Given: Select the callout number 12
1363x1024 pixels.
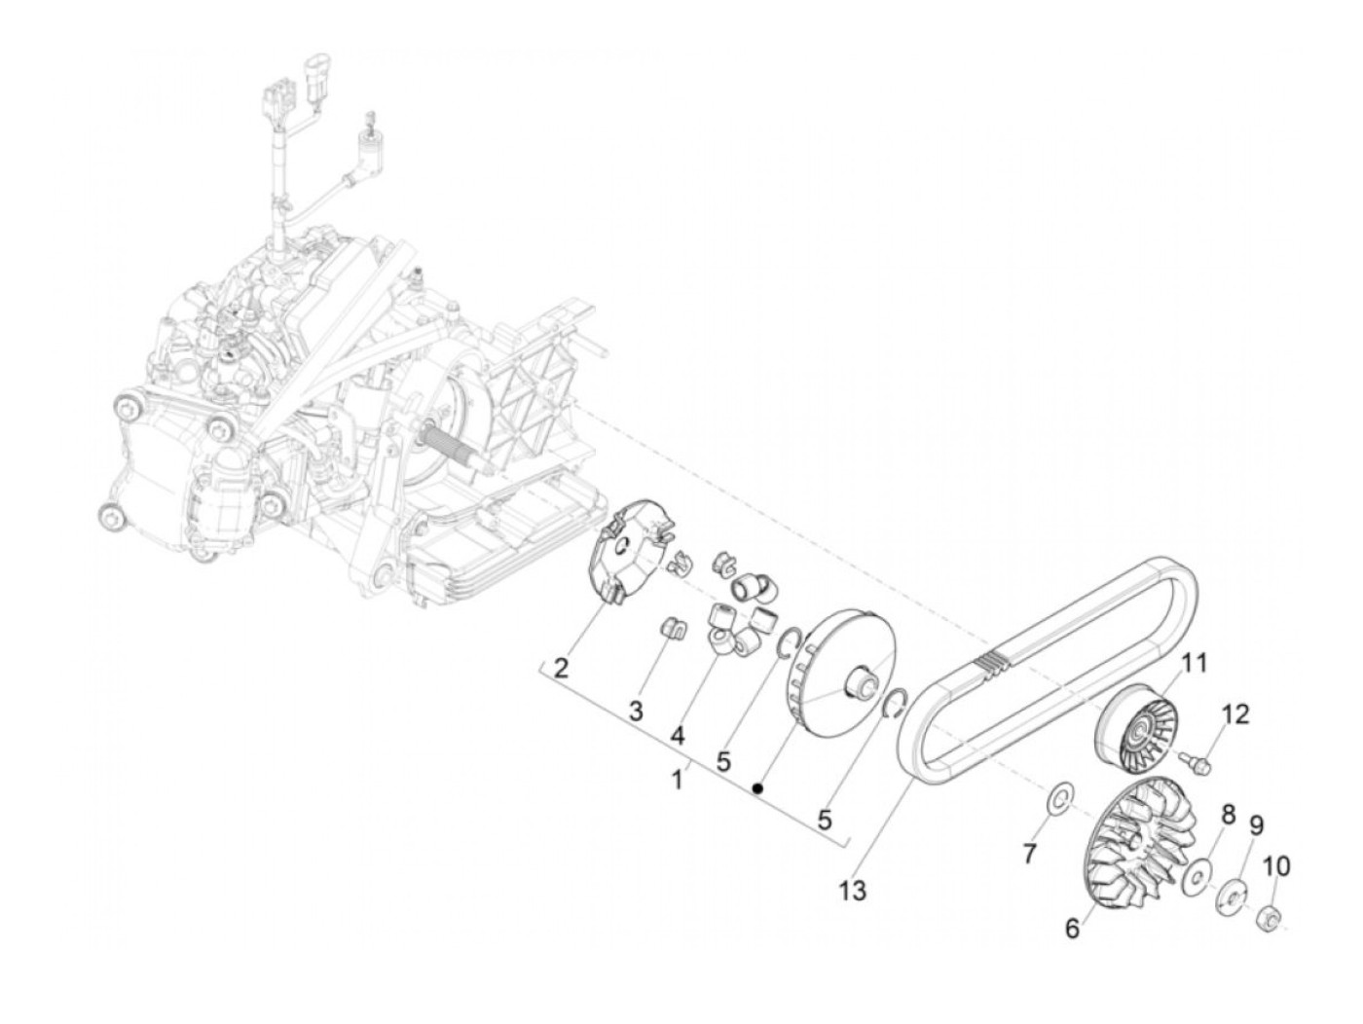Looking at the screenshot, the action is coord(1234,714).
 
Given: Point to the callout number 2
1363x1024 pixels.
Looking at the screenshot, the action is coord(561,668).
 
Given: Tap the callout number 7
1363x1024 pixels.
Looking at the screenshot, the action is coord(1030,853).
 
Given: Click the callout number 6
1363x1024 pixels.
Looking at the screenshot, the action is coord(1072,930).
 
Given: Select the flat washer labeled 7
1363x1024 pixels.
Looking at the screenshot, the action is coord(1060,800).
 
